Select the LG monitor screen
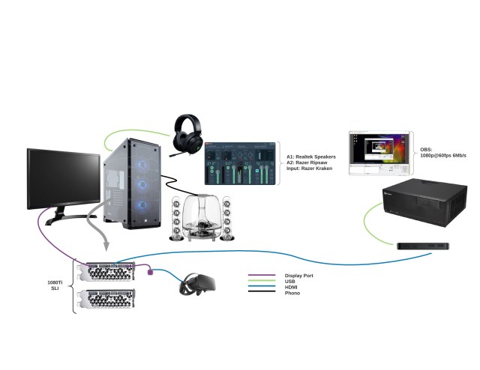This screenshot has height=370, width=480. coord(63,178)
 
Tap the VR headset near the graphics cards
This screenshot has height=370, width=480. coord(197,285)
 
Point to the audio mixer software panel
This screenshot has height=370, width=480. coord(239,163)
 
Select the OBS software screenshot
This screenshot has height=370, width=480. coord(379,154)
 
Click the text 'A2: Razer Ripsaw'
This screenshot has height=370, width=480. coord(307,163)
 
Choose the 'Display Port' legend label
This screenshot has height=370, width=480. coord(299,275)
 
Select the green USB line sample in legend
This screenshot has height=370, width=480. coord(259,281)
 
